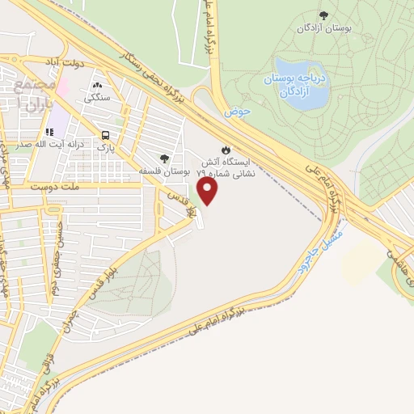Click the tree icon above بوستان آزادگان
(x=324, y=15)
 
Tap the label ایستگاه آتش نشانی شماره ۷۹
(x=226, y=167)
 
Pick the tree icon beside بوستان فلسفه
(x=165, y=159)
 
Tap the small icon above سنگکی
(x=97, y=85)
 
